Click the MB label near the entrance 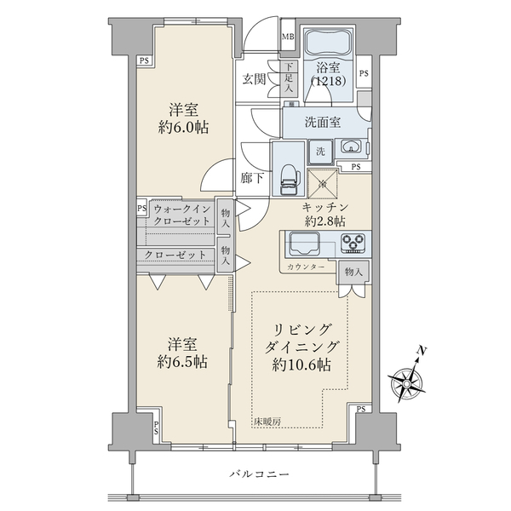(288, 37)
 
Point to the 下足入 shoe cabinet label (289, 78)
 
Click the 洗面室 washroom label (324, 122)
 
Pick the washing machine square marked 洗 (321, 151)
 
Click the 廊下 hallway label (251, 179)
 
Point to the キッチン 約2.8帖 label (324, 214)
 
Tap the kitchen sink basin (304, 244)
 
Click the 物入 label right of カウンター (353, 273)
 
